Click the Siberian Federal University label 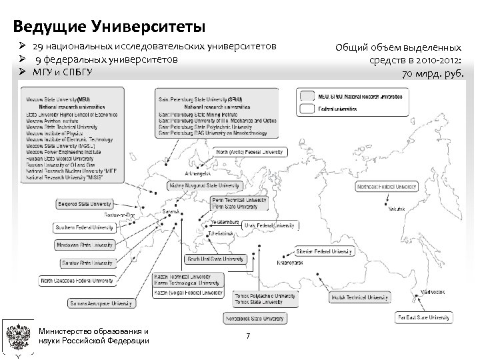click(x=324, y=251)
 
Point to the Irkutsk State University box click(x=358, y=297)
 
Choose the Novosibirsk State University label click(x=260, y=319)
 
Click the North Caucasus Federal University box click(x=76, y=281)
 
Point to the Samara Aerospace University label click(x=101, y=303)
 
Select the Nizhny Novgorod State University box click(x=204, y=186)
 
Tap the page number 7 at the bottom click(x=248, y=335)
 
